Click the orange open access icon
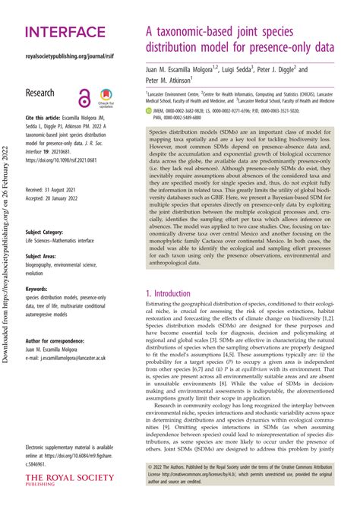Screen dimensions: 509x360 pyautogui.click(x=85, y=97)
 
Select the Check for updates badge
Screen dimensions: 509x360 pyautogui.click(x=106, y=98)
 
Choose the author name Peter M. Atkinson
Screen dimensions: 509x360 pyautogui.click(x=170, y=80)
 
